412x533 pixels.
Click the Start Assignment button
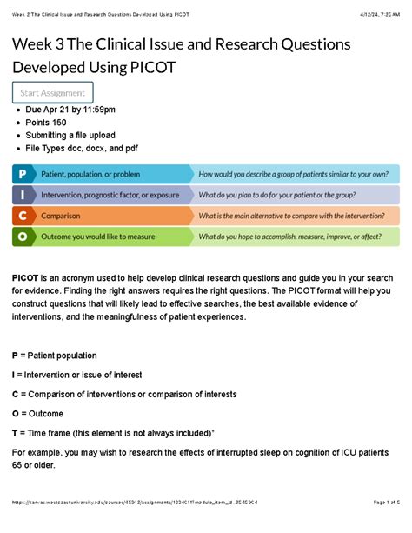pyautogui.click(x=52, y=93)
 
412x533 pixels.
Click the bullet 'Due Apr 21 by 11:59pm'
pyautogui.click(x=70, y=110)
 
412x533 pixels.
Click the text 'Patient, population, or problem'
pyautogui.click(x=90, y=174)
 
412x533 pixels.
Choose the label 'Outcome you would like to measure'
pyautogui.click(x=97, y=237)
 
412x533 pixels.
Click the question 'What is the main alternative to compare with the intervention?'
pyautogui.click(x=291, y=216)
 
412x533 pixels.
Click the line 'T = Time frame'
pyautogui.click(x=112, y=432)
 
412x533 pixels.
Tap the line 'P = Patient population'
pyautogui.click(x=54, y=356)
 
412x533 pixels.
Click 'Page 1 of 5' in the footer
pyautogui.click(x=380, y=527)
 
